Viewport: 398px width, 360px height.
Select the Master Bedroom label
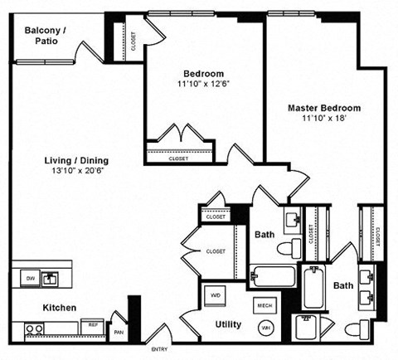tap(324, 109)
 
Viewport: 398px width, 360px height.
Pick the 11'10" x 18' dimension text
tap(324, 119)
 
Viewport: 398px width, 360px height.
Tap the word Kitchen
tap(61, 308)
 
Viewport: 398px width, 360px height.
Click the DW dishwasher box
tap(28, 277)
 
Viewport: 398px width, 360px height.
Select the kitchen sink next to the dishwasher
tap(51, 277)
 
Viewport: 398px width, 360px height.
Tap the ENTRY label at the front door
tap(158, 348)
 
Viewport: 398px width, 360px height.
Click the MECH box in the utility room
tap(264, 305)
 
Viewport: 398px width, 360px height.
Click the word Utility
tap(228, 324)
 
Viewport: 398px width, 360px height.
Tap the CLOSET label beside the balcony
tap(133, 41)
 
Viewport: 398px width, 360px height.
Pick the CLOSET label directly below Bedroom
tap(178, 158)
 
